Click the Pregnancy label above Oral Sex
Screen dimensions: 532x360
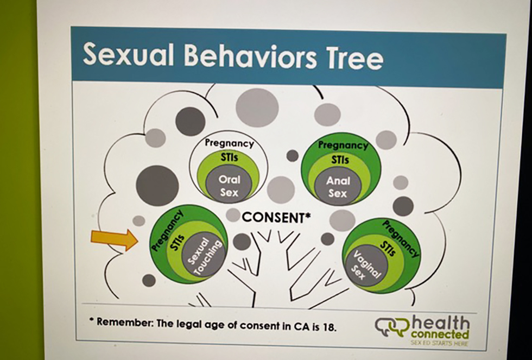click(229, 143)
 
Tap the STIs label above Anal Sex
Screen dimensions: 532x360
click(340, 160)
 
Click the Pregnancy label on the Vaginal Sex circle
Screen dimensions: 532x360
click(401, 238)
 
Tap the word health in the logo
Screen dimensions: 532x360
click(440, 323)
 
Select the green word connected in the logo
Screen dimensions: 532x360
click(440, 334)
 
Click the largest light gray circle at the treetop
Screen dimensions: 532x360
click(257, 108)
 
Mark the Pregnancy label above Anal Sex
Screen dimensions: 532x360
click(343, 145)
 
